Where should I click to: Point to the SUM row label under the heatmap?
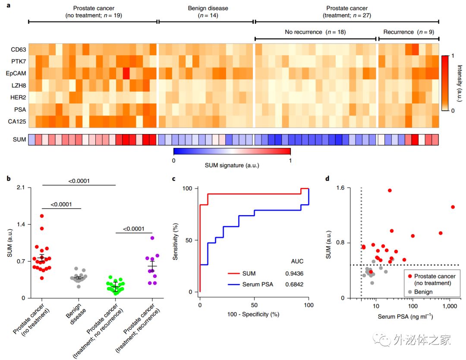tap(15, 139)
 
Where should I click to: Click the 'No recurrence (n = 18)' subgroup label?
tap(315, 32)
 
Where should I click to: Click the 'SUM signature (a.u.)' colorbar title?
tap(232, 165)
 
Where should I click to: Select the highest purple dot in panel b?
tap(152, 238)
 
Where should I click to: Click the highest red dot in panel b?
tap(42, 216)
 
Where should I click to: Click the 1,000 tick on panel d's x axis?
tap(450, 306)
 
